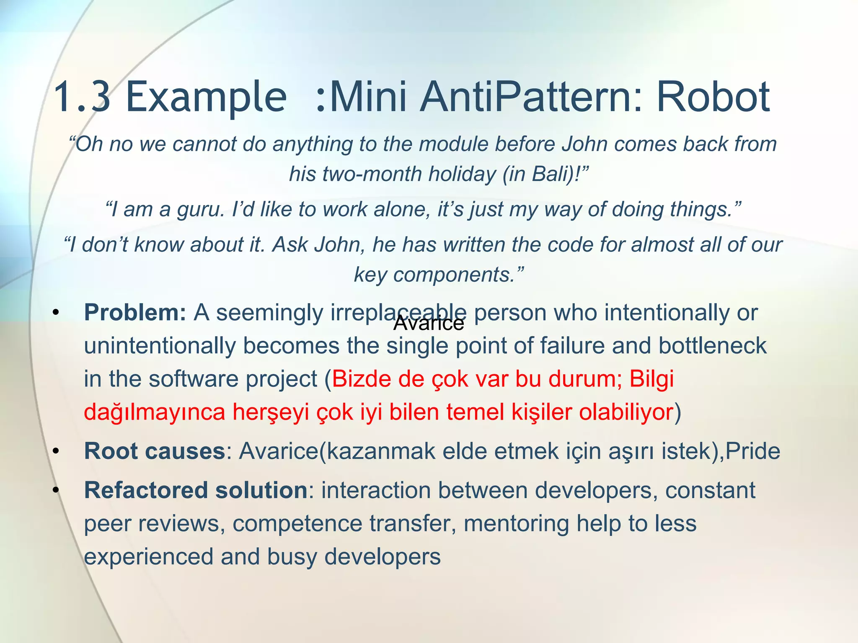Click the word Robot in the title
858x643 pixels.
pos(713,97)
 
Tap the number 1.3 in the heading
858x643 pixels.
pos(82,97)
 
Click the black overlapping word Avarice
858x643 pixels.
pos(429,324)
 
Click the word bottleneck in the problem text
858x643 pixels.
pos(712,346)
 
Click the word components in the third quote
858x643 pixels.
pos(453,275)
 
